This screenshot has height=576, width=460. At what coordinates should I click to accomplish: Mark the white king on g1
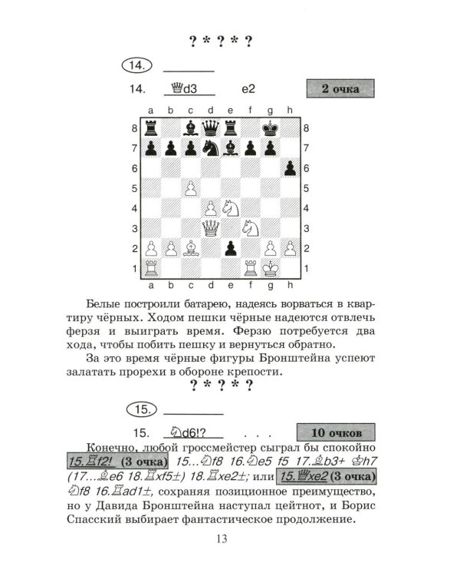pos(270,268)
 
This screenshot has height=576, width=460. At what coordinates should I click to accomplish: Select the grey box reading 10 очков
pos(335,432)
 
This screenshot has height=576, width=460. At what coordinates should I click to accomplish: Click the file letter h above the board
pos(290,111)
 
